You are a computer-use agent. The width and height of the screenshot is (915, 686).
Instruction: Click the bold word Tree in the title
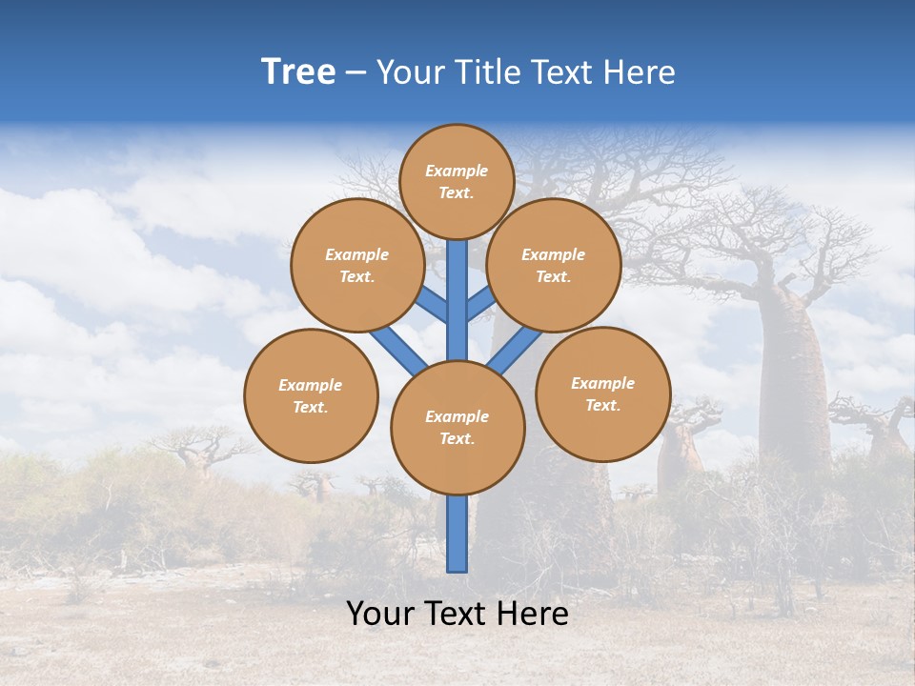tap(298, 72)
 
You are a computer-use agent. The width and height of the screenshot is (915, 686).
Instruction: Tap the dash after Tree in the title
tap(356, 73)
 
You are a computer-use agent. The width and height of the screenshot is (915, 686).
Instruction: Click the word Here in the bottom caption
tap(531, 614)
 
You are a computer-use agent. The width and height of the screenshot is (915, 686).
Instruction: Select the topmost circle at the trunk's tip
tap(457, 181)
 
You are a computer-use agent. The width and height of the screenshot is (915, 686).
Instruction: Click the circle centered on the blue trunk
tap(457, 428)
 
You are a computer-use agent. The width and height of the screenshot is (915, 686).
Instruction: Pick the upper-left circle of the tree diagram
tap(357, 266)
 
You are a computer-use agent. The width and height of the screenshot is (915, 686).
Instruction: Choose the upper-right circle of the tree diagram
tap(554, 266)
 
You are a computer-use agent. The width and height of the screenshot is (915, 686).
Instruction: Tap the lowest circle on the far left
tap(311, 396)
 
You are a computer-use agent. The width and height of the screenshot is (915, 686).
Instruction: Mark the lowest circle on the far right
tap(602, 394)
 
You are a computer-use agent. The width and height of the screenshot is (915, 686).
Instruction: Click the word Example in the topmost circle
tap(457, 171)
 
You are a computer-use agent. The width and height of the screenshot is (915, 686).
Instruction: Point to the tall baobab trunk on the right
tap(793, 372)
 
